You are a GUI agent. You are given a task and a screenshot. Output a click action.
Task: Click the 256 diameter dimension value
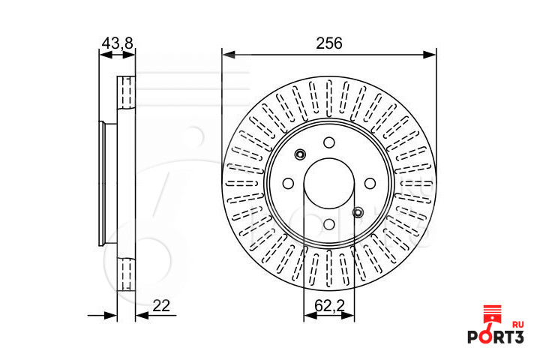329,43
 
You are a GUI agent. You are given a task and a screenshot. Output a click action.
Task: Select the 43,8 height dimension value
118,43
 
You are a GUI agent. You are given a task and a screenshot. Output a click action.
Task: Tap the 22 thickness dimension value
161,305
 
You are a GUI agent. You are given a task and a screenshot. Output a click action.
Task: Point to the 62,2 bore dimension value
329,305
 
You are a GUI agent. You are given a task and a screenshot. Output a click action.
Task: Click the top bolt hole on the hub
329,142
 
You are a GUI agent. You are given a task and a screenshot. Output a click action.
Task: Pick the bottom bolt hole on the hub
329,224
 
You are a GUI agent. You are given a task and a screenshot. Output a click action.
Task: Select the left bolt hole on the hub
288,184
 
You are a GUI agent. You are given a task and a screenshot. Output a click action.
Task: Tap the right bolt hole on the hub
370,184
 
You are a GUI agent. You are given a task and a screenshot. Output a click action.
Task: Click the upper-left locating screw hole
300,154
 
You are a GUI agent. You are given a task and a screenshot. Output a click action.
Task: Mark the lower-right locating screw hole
358,212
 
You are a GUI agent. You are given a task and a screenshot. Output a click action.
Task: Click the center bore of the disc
329,184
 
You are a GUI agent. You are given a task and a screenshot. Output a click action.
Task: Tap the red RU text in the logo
518,325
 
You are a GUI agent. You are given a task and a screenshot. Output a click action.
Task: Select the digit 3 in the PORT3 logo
517,337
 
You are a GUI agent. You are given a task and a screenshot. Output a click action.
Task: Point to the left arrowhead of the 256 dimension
229,55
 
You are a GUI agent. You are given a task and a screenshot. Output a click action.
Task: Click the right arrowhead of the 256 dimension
430,55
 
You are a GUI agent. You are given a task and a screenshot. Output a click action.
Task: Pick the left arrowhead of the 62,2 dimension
310,315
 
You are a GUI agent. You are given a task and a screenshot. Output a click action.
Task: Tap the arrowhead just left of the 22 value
142,315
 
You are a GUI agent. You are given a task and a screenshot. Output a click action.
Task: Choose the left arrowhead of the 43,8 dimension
106,55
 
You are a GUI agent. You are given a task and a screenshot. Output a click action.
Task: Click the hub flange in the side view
101,184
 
